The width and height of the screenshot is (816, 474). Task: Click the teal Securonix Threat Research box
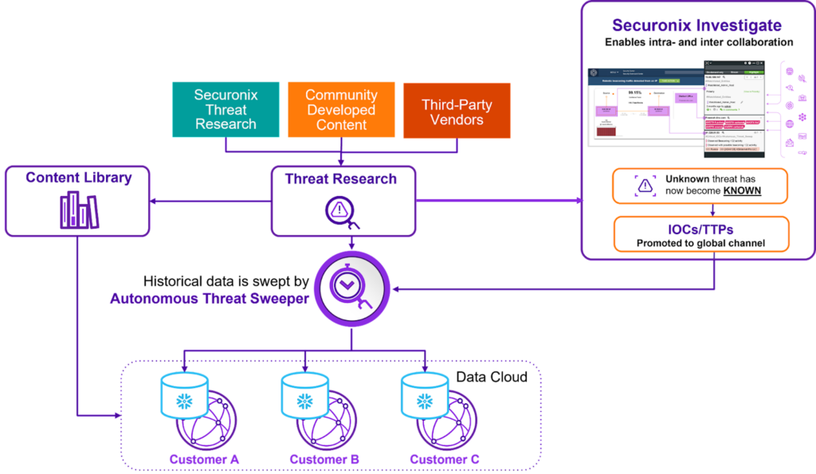[226, 110]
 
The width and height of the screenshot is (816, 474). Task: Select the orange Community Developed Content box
[341, 110]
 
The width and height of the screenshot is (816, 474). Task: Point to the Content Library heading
[78, 178]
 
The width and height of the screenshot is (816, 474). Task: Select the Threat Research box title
[341, 178]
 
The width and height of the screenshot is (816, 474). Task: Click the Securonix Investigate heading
[697, 26]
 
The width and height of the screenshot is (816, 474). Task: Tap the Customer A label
[205, 459]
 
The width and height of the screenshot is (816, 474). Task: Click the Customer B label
[324, 459]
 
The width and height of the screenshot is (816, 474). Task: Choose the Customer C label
[444, 459]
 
